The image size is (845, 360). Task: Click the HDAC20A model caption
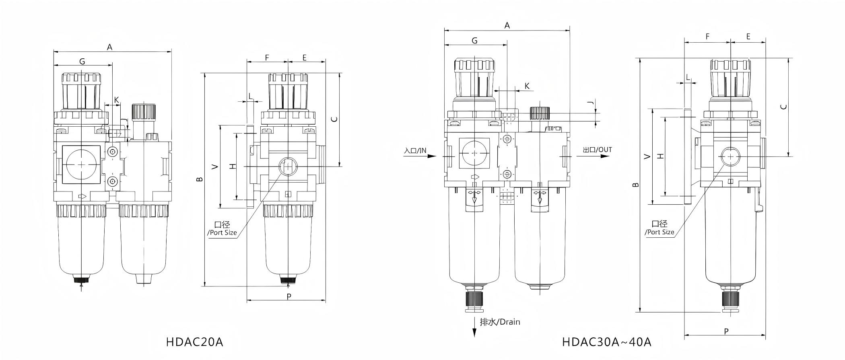point(194,342)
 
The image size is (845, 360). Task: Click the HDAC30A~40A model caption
point(606,342)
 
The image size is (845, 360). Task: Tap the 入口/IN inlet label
point(415,151)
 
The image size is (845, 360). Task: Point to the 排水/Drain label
point(500,322)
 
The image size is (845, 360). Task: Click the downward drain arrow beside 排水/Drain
point(474,332)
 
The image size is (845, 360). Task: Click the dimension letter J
point(590,104)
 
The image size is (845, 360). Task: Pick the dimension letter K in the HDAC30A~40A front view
point(527,86)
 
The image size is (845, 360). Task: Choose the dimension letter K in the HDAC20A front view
point(116,99)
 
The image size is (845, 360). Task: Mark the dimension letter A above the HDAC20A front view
point(109,47)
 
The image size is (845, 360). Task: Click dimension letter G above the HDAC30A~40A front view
point(474,41)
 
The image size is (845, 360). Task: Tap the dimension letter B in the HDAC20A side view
point(200,179)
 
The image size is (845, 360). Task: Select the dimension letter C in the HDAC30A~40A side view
point(783,107)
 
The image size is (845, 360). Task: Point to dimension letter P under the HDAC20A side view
point(289,297)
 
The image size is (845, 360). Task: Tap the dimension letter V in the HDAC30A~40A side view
point(647,156)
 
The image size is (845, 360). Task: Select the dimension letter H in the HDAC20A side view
point(232,167)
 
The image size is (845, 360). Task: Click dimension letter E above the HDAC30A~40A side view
point(748,37)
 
